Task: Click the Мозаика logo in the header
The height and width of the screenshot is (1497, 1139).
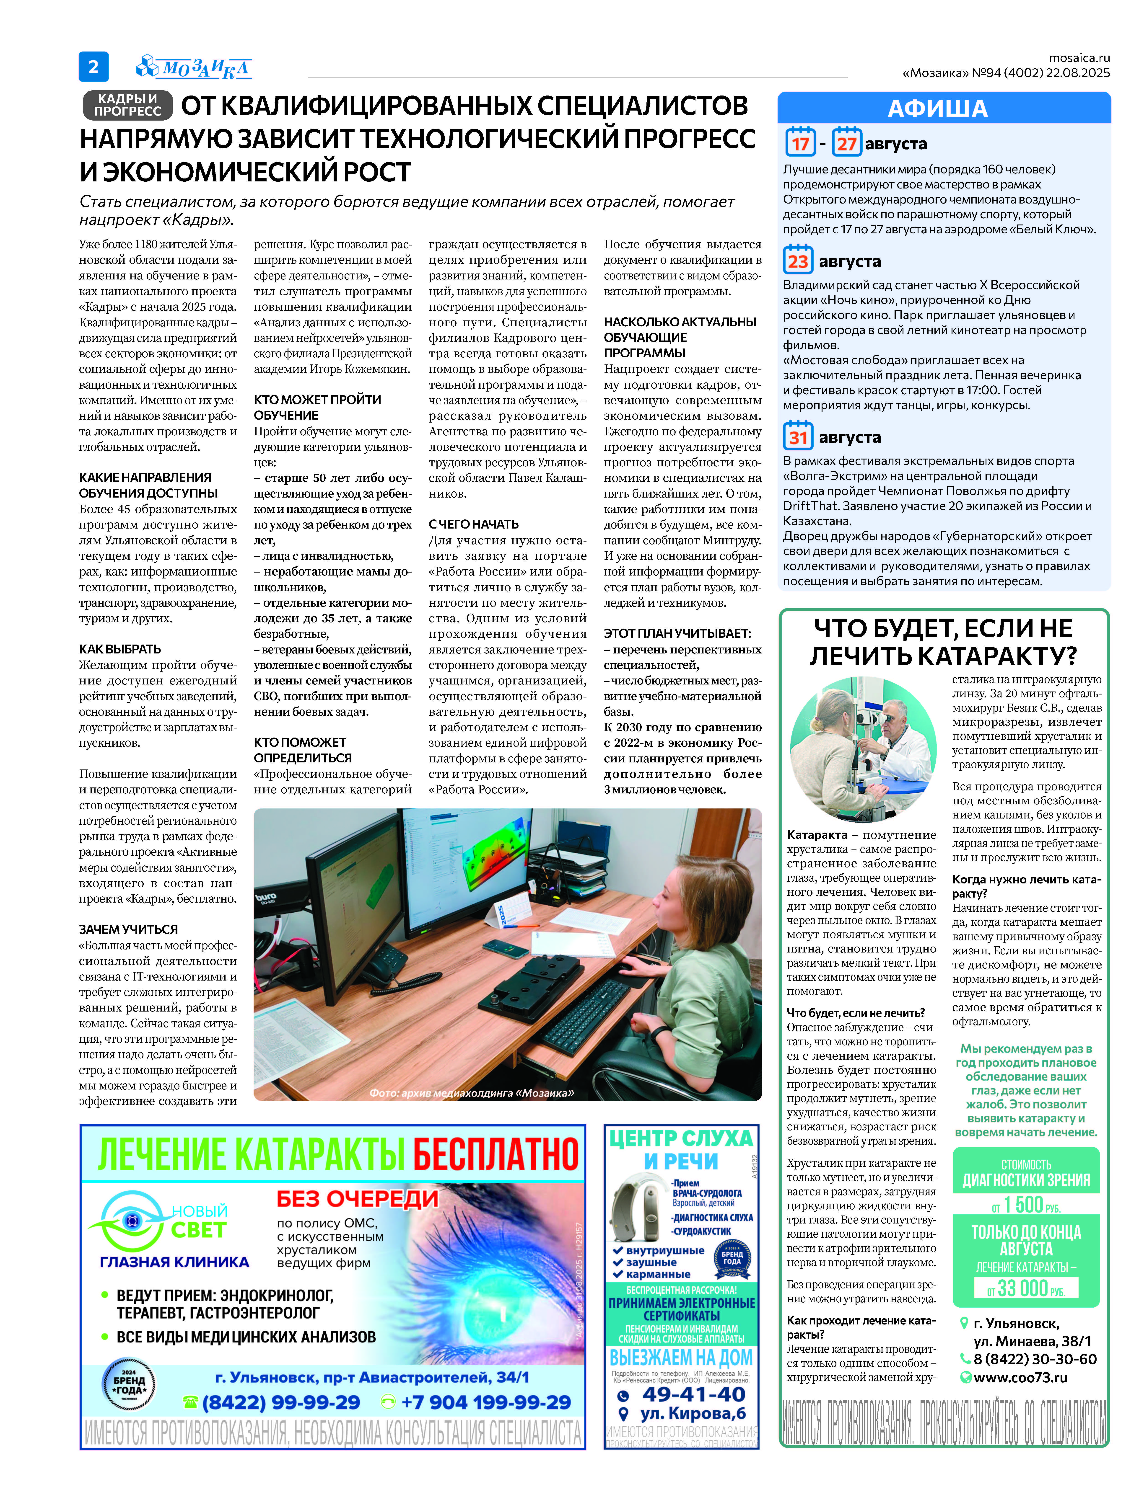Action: tap(195, 67)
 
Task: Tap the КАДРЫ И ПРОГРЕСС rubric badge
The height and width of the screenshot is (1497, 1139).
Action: tap(127, 105)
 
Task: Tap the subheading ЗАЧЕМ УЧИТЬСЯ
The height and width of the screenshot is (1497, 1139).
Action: tap(128, 929)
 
